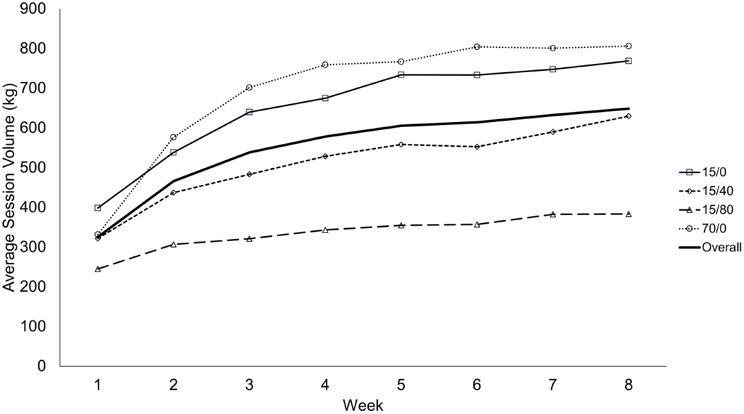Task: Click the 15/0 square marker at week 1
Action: click(x=98, y=208)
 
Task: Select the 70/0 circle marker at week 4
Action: click(x=325, y=65)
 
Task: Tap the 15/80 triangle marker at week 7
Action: click(x=553, y=214)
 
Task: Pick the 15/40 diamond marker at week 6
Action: click(x=477, y=147)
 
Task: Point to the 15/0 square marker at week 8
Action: click(x=628, y=61)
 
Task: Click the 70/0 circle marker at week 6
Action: click(x=477, y=47)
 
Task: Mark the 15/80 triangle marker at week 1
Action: click(x=98, y=269)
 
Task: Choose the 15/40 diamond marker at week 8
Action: click(x=628, y=116)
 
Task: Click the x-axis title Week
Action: click(x=363, y=405)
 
